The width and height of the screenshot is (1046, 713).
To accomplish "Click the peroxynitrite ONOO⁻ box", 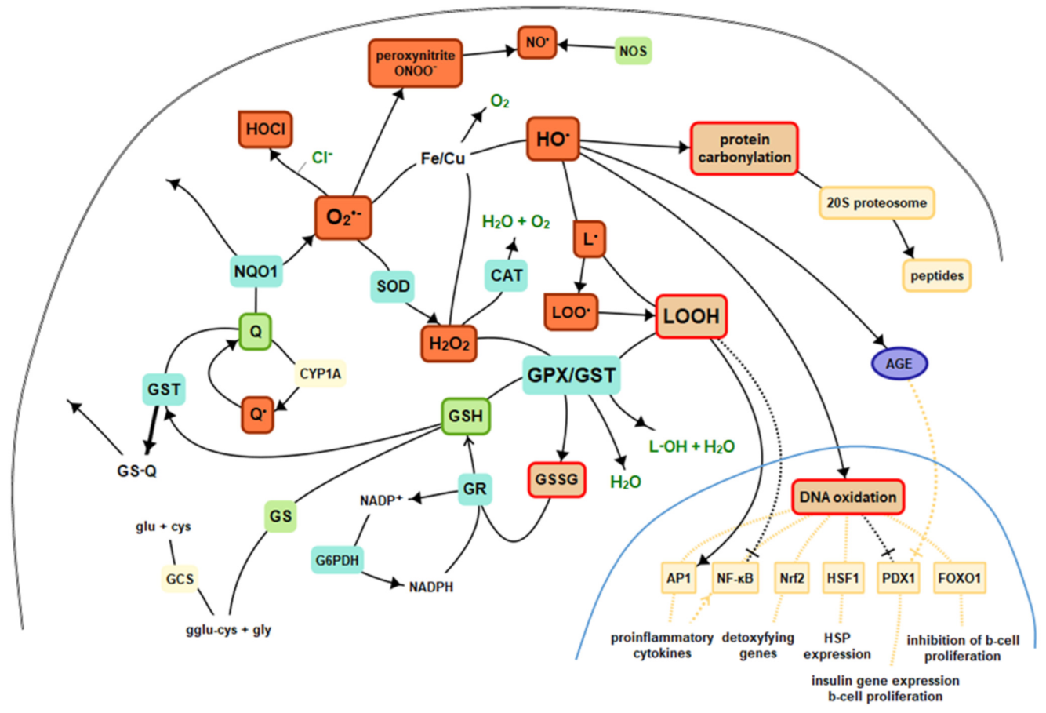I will coord(416,63).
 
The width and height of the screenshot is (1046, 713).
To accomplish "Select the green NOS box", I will coord(633,52).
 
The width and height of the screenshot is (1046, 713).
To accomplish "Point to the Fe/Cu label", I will coord(443,158).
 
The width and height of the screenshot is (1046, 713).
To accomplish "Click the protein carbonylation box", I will coord(744,148).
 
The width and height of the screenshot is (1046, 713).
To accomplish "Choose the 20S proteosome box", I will coord(877,202).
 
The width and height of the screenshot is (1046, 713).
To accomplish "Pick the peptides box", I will coord(937,275).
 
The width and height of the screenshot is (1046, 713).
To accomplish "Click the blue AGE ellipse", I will coord(899,363).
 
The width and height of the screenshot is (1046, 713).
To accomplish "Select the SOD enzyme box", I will coord(393,286).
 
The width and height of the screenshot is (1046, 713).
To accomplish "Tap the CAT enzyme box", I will coord(507,275).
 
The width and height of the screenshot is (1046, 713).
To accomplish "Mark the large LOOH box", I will coord(691,316).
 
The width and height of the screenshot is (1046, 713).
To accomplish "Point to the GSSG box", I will coord(556,479).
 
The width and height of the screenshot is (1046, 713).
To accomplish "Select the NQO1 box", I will coord(256,272).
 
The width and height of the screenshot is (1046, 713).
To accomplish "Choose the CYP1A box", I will coord(321,374).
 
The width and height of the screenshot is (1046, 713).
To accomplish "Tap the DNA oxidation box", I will coord(848,497).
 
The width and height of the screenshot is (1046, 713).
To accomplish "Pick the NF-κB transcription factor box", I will coord(735,579).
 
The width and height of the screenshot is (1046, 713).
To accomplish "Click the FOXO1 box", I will coord(961,579).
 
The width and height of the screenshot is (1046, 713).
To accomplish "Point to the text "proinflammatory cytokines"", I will coord(662,646).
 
